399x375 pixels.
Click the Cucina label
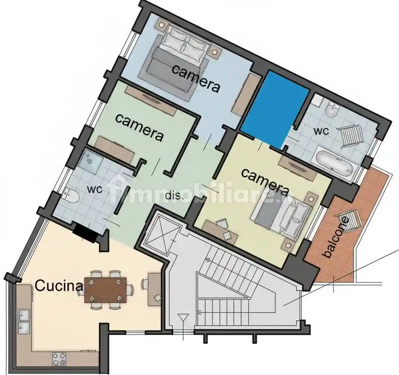coord(59,286)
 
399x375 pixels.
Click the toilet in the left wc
coord(71,195)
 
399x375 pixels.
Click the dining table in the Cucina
coord(105,290)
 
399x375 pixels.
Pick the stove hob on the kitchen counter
coord(59,359)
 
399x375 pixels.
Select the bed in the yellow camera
coord(283,217)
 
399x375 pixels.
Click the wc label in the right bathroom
coord(321,132)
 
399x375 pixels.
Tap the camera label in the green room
coord(139,127)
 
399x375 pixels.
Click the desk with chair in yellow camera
coord(220,230)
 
